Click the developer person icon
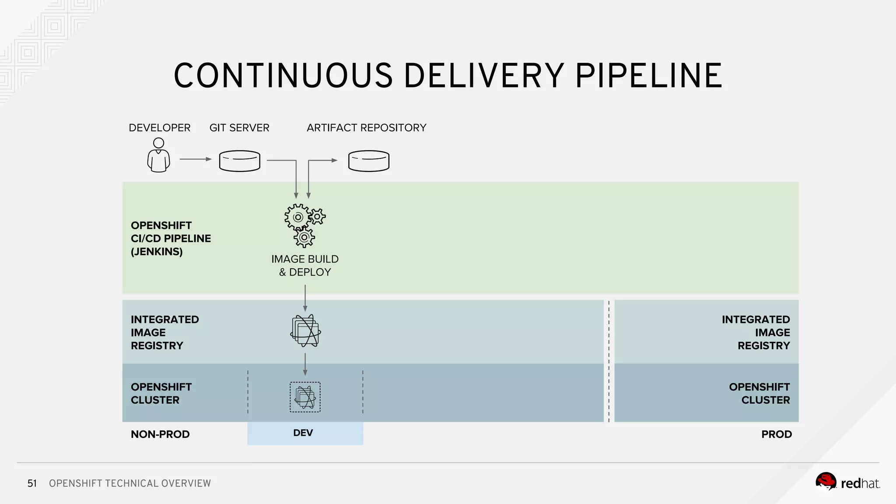(158, 156)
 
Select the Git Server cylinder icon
(239, 161)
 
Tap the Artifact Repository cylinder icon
(368, 161)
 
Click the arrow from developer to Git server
(195, 159)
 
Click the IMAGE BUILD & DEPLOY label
(305, 266)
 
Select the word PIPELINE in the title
(648, 76)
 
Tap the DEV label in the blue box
(303, 433)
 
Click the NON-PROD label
(160, 434)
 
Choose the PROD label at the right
(776, 434)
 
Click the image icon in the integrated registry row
(305, 331)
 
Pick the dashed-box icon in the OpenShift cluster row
(305, 397)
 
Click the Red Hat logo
(847, 482)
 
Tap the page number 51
(32, 483)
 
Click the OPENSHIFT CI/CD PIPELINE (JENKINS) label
(171, 238)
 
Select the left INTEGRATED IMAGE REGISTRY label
(164, 332)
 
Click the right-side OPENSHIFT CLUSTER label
(759, 393)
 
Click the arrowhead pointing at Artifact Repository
(335, 161)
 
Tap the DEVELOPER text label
(159, 128)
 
